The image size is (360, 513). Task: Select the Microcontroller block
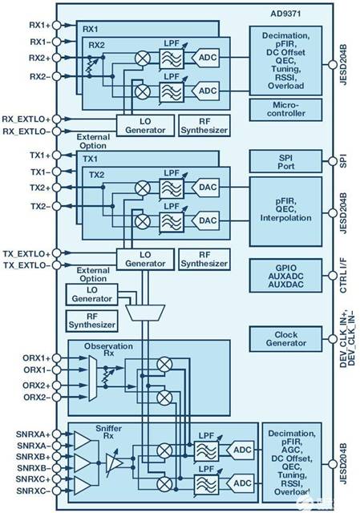click(289, 109)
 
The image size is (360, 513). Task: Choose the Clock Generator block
click(289, 338)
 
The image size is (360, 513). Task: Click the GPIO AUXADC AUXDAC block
click(289, 273)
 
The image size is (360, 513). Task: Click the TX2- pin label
click(39, 205)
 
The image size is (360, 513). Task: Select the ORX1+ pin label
click(36, 357)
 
